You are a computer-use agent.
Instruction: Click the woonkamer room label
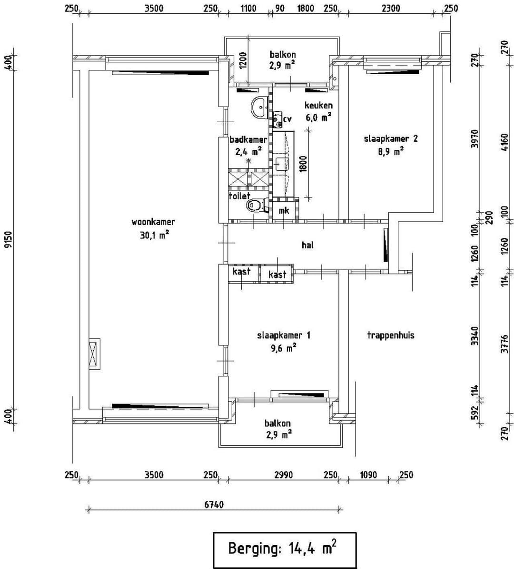pos(153,222)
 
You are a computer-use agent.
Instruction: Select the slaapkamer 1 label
pos(284,335)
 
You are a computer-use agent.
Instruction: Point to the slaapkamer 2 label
pos(391,139)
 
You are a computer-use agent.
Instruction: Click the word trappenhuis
pos(390,335)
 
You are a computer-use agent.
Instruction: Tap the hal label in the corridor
pos(307,245)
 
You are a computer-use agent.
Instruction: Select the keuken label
pos(318,105)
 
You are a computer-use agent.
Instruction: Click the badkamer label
pos(248,140)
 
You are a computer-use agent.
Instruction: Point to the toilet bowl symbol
pos(256,206)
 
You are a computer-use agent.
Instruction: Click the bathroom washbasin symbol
pos(260,107)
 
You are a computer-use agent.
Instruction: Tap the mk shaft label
pos(284,210)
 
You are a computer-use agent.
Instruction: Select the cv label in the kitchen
pos(287,119)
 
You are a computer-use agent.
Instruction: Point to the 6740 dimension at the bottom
pos(214,504)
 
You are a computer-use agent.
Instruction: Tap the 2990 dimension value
pos(283,475)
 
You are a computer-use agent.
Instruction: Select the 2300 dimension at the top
pos(391,8)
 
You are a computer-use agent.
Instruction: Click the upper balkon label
pos(282,55)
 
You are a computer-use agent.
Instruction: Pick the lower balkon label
pos(277,423)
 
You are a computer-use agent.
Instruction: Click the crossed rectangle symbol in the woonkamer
pos(94,354)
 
